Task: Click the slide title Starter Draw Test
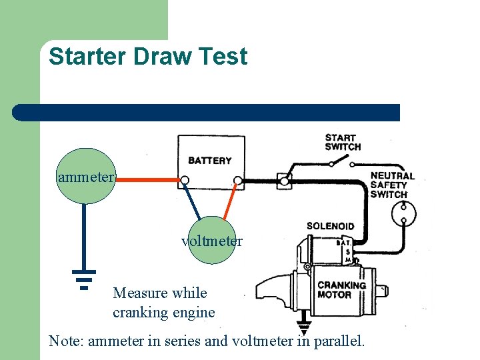147,57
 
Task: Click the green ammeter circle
85,177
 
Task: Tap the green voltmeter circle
212,241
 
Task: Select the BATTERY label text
210,161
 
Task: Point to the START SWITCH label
343,142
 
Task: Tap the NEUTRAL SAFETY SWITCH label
392,185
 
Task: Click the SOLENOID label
330,227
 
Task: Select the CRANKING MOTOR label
341,289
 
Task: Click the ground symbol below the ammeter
84,279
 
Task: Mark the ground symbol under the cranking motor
305,329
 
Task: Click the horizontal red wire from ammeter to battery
147,179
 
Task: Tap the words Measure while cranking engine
163,303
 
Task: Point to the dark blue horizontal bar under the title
206,113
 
